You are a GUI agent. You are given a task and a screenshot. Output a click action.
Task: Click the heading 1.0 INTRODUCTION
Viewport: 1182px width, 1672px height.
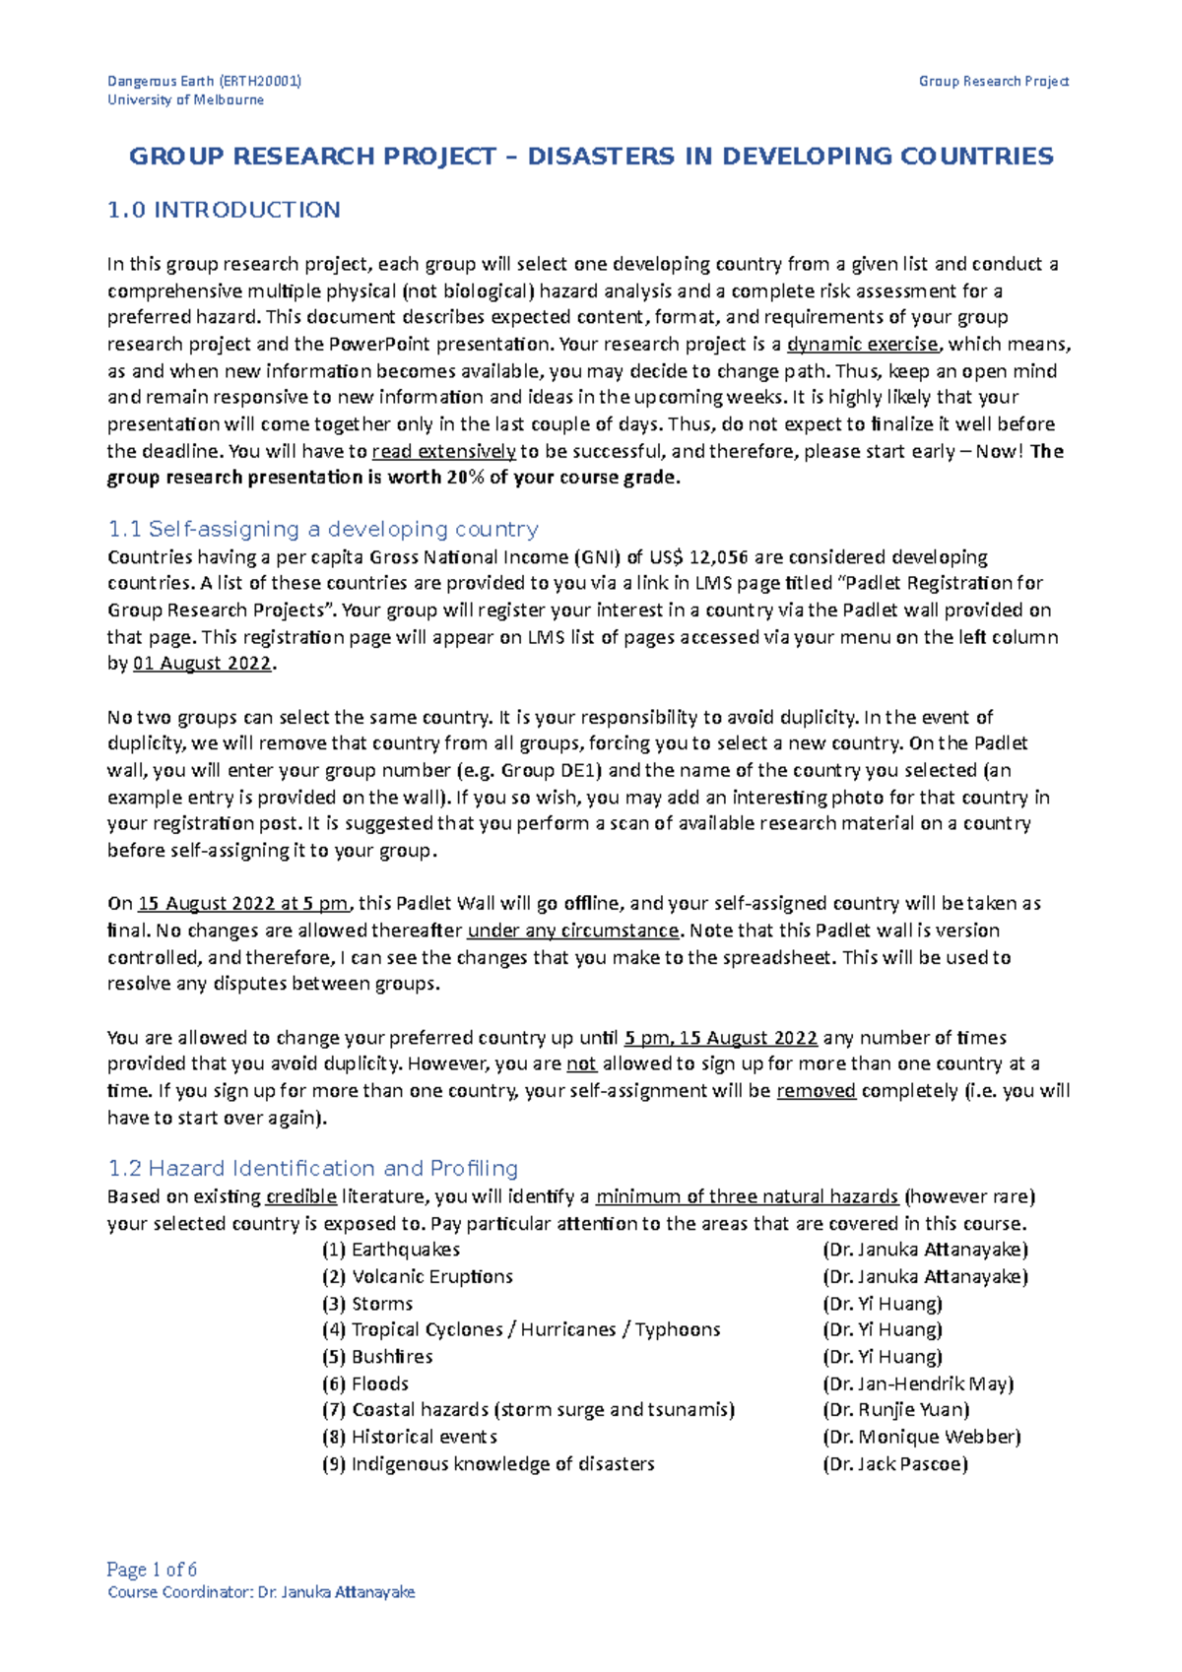tap(224, 210)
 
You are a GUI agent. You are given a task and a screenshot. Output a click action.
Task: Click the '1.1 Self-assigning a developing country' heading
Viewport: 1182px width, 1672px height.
tap(323, 530)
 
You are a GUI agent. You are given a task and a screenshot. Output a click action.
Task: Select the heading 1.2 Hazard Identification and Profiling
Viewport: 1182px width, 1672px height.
tap(312, 1169)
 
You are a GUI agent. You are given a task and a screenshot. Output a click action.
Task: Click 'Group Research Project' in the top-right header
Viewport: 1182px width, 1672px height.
tap(993, 81)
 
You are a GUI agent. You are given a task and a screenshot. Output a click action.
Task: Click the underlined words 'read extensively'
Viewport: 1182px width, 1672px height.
tap(444, 452)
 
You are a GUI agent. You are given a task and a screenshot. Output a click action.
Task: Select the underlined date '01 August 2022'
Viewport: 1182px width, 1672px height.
tap(202, 664)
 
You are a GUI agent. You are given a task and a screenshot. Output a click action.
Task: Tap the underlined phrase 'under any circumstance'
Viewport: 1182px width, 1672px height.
tap(573, 931)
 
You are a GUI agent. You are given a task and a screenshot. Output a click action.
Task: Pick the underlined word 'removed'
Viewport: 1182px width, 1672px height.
tap(816, 1091)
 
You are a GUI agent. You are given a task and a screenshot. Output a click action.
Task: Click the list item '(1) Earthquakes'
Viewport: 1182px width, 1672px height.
tap(391, 1250)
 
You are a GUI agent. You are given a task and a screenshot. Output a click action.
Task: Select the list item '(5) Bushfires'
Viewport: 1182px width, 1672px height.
tap(377, 1357)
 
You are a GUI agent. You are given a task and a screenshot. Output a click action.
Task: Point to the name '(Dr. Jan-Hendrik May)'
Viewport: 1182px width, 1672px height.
tap(918, 1383)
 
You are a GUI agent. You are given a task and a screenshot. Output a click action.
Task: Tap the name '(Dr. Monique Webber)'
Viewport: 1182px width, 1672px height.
tap(921, 1437)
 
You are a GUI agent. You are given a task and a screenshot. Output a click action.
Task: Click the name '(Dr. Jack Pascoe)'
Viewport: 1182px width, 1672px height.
tap(895, 1464)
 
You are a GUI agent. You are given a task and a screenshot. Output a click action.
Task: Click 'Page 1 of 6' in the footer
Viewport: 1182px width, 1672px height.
tap(152, 1570)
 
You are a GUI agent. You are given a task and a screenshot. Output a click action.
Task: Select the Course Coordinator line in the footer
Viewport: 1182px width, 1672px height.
tap(261, 1592)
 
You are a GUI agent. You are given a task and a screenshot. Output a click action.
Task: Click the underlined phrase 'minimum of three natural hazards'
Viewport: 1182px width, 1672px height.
tap(747, 1197)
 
